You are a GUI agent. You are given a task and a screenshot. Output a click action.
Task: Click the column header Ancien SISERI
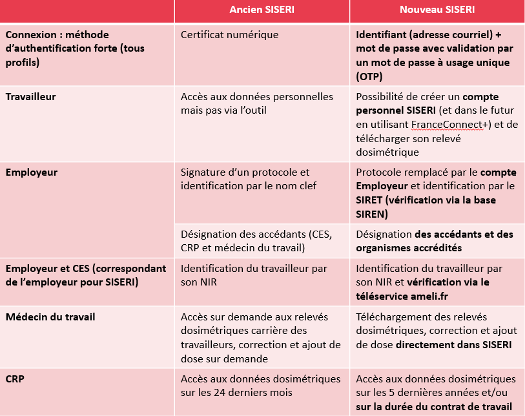click(x=262, y=10)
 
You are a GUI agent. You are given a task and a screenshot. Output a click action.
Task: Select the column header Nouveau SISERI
click(x=437, y=10)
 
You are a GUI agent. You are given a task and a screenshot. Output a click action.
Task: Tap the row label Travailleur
click(x=31, y=97)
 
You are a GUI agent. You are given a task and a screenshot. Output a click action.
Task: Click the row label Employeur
click(x=32, y=172)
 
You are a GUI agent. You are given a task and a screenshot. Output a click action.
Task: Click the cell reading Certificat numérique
click(x=230, y=34)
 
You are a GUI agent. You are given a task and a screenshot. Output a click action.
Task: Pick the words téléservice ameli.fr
click(x=400, y=296)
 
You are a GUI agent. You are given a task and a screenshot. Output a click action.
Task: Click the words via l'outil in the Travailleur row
click(x=243, y=110)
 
